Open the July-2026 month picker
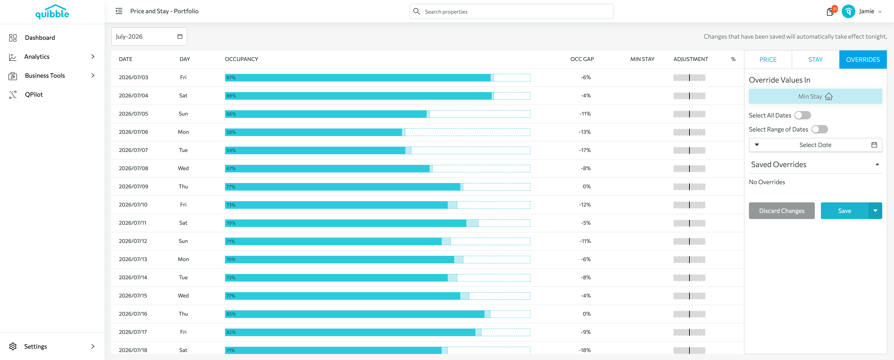coord(149,36)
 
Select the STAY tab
coord(815,59)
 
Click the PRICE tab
coord(768,59)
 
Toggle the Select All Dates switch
coord(802,115)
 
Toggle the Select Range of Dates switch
coord(819,129)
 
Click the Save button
coord(844,211)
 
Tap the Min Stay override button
coord(815,96)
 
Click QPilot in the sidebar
coord(34,94)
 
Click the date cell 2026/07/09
coord(133,186)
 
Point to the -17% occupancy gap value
coord(585,150)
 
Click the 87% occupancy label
coord(231,77)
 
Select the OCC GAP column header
coord(582,59)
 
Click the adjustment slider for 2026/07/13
coord(689,259)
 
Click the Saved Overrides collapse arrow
coord(877,164)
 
